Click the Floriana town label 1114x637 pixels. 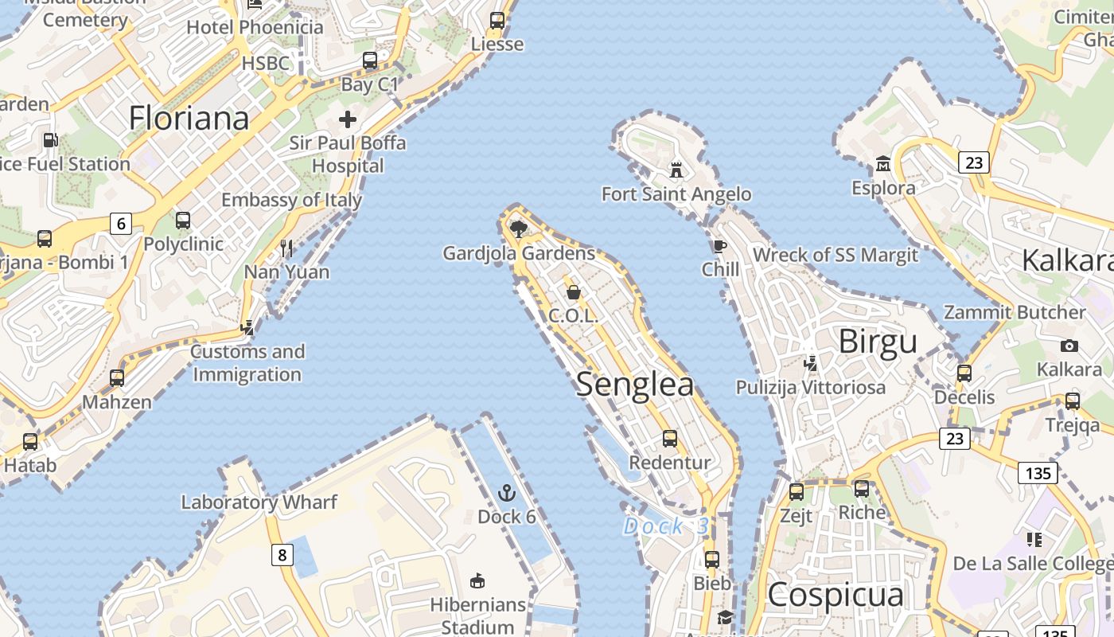point(189,118)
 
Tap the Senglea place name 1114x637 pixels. point(634,384)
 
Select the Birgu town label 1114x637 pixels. point(878,342)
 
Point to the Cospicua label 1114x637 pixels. point(835,595)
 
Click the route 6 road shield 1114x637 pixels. point(121,224)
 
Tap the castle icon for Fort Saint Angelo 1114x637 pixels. point(676,170)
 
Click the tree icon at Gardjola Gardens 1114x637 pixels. point(519,229)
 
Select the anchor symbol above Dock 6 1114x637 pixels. point(506,493)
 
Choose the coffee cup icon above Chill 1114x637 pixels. point(720,246)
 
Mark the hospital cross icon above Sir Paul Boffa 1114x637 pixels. point(347,119)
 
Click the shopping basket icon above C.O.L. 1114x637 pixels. point(573,292)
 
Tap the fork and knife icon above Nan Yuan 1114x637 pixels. point(286,248)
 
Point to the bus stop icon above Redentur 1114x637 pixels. point(670,439)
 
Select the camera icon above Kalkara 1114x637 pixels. point(1069,346)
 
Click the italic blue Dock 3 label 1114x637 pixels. point(665,526)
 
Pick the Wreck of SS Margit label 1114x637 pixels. point(835,255)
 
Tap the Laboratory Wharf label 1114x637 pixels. point(259,502)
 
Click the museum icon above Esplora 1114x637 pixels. point(882,165)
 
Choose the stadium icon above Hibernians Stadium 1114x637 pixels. point(477,580)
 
